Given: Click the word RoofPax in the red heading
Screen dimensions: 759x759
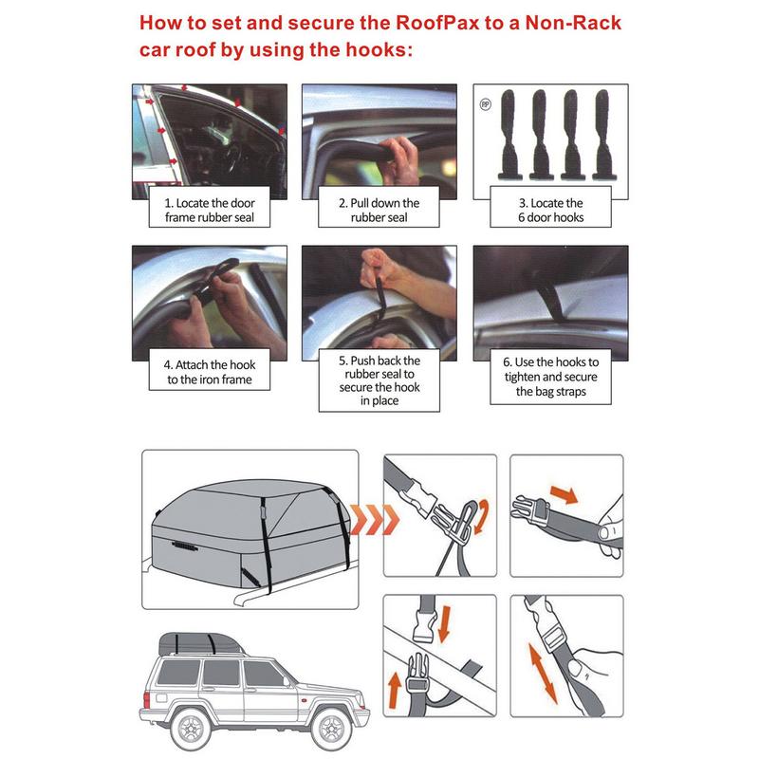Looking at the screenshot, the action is (x=437, y=23).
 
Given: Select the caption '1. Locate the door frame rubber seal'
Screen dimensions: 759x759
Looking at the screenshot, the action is (x=210, y=210).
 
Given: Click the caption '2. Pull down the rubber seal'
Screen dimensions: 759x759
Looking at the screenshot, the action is (x=379, y=210).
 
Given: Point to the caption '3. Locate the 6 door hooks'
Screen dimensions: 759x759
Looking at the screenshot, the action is (x=551, y=210).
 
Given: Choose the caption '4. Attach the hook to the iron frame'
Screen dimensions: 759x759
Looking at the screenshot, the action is (x=210, y=372).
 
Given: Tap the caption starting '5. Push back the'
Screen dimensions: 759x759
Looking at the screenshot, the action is (x=379, y=380).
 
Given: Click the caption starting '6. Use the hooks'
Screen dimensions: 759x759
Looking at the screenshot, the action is (x=551, y=376).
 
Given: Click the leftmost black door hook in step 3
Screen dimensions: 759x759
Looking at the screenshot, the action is (x=509, y=135).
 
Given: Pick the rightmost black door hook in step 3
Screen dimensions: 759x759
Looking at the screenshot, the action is (x=603, y=135).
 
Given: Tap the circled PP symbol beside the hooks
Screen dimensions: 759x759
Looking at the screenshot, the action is (x=485, y=104).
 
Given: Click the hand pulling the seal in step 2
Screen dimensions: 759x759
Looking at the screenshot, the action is (x=399, y=159).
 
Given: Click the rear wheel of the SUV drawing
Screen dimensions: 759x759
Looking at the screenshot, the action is (x=193, y=729).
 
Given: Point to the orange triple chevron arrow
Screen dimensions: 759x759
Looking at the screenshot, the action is (x=375, y=519).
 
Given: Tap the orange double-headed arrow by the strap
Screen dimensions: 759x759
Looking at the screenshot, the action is (x=543, y=674).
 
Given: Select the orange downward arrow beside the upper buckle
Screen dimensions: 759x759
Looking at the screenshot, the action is (x=445, y=624).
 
